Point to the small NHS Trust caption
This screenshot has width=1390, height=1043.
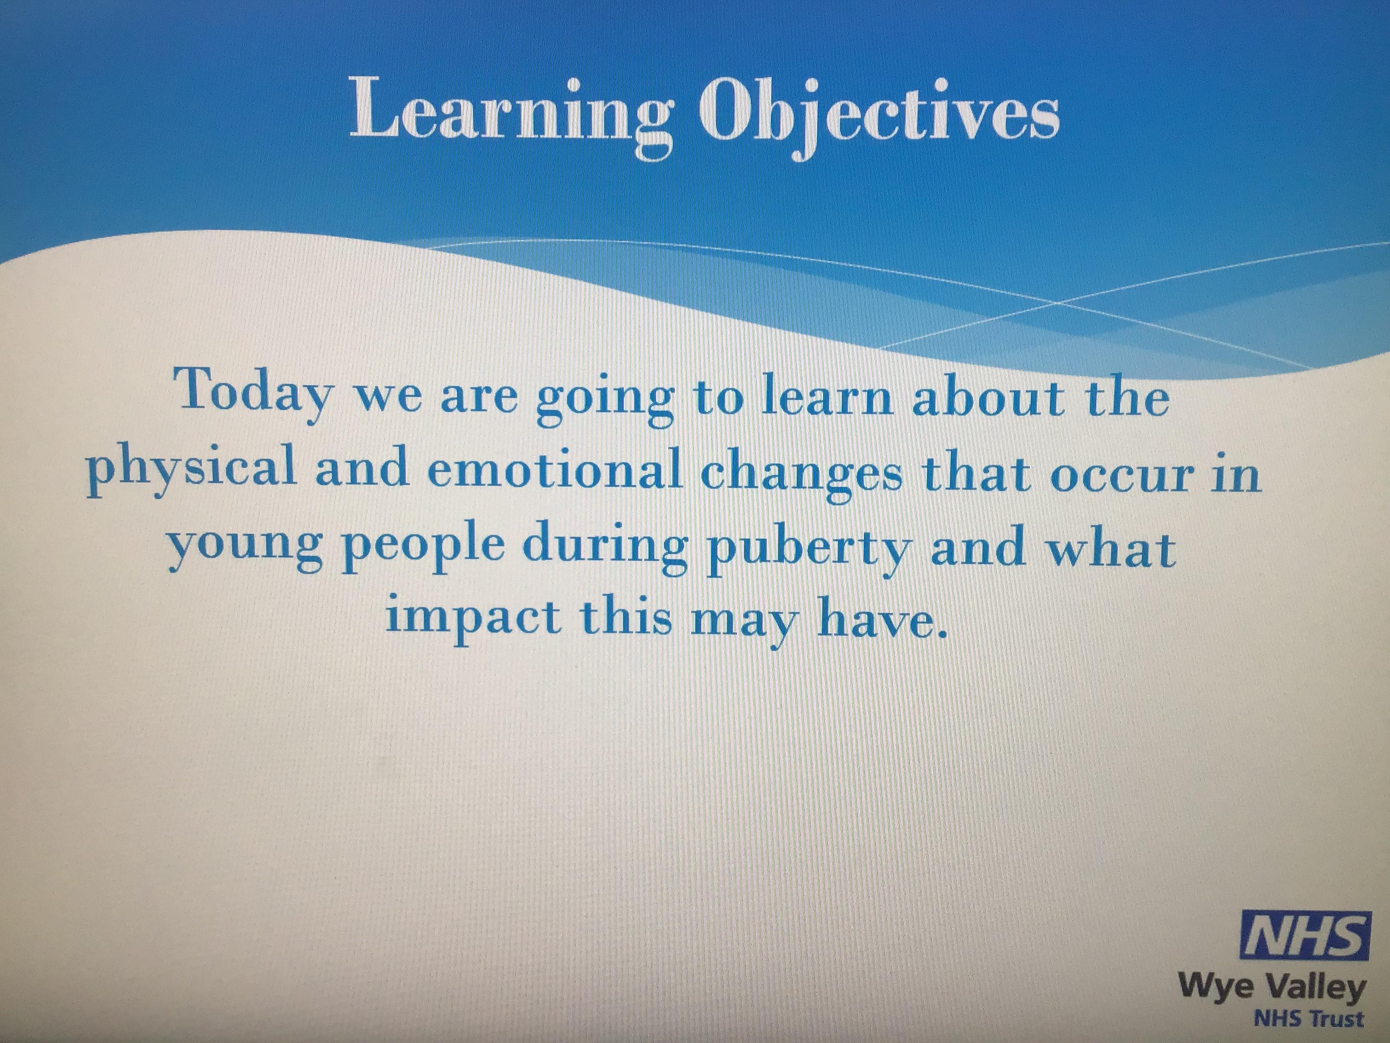pyautogui.click(x=1308, y=1018)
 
